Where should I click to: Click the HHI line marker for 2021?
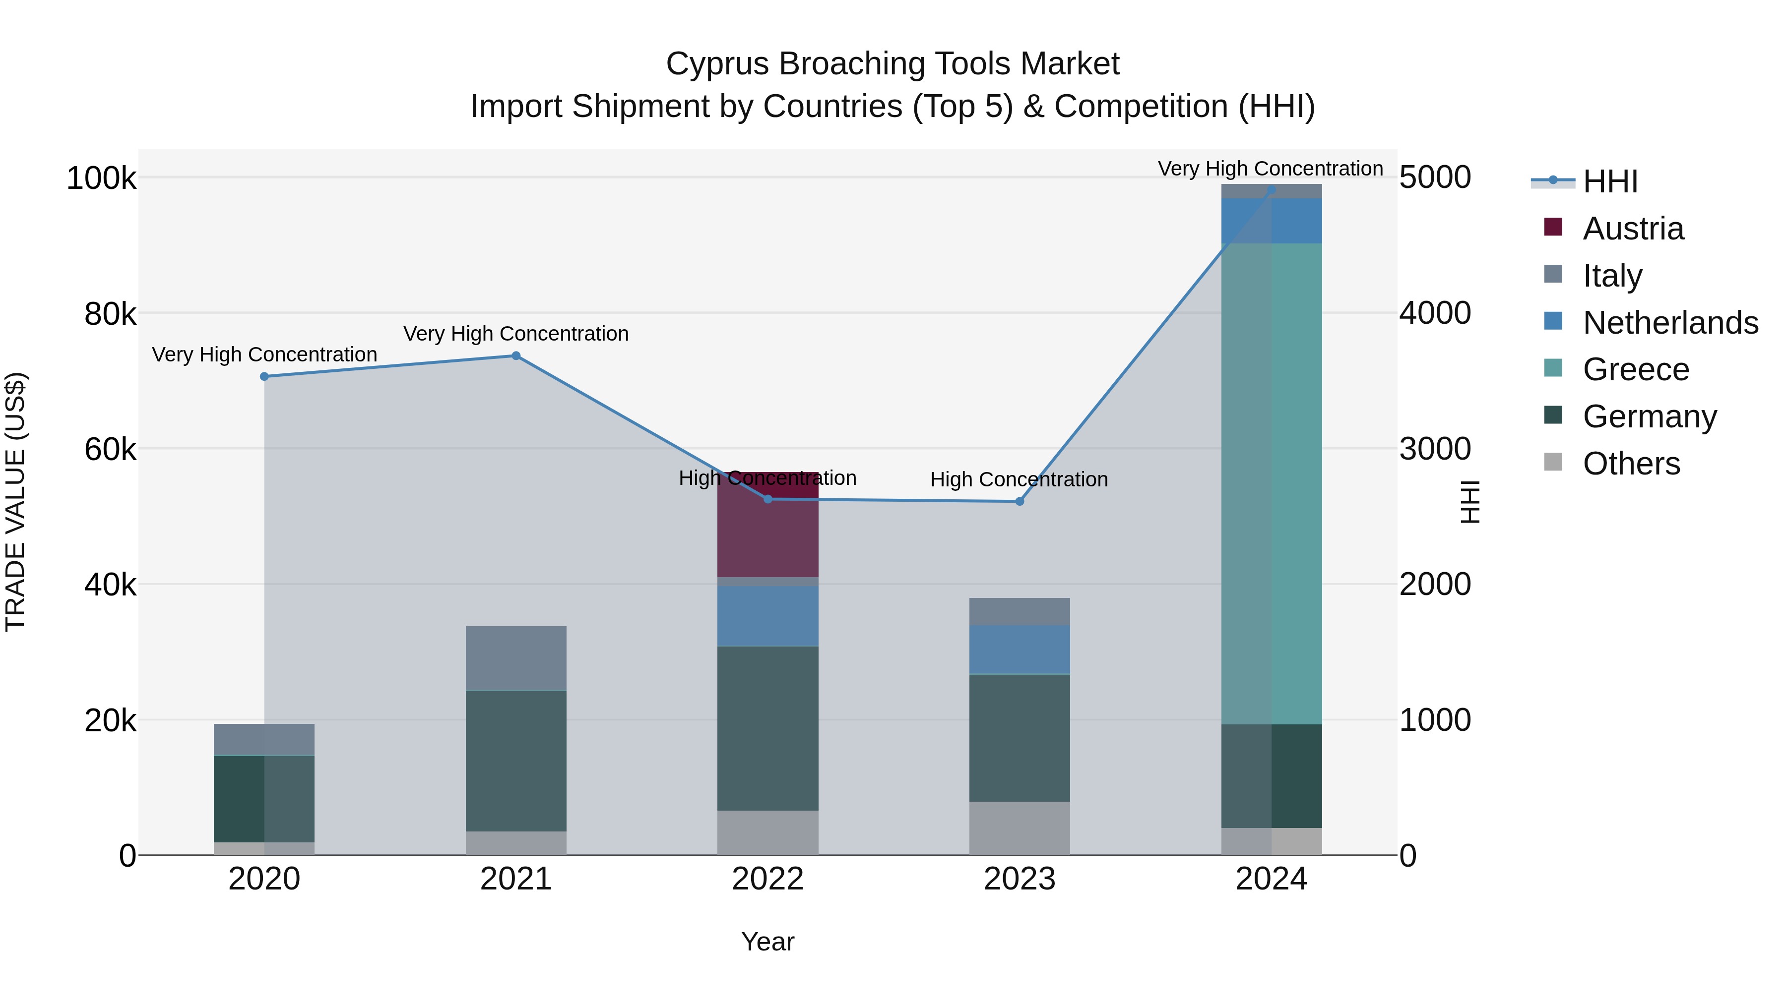pos(516,355)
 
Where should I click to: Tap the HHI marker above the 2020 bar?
pos(264,376)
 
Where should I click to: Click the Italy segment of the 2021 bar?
pos(516,658)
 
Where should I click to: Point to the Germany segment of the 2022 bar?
pos(767,727)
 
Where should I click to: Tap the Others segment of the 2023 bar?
pos(1019,828)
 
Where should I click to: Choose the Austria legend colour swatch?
pos(1553,227)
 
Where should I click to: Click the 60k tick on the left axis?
pos(110,450)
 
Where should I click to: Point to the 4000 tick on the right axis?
pos(1434,313)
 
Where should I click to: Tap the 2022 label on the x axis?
pos(767,879)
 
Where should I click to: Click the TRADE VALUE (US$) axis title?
pos(15,502)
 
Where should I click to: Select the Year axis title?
pos(767,942)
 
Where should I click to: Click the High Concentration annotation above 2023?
pos(1019,479)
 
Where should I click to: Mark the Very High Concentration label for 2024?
pos(1270,169)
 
